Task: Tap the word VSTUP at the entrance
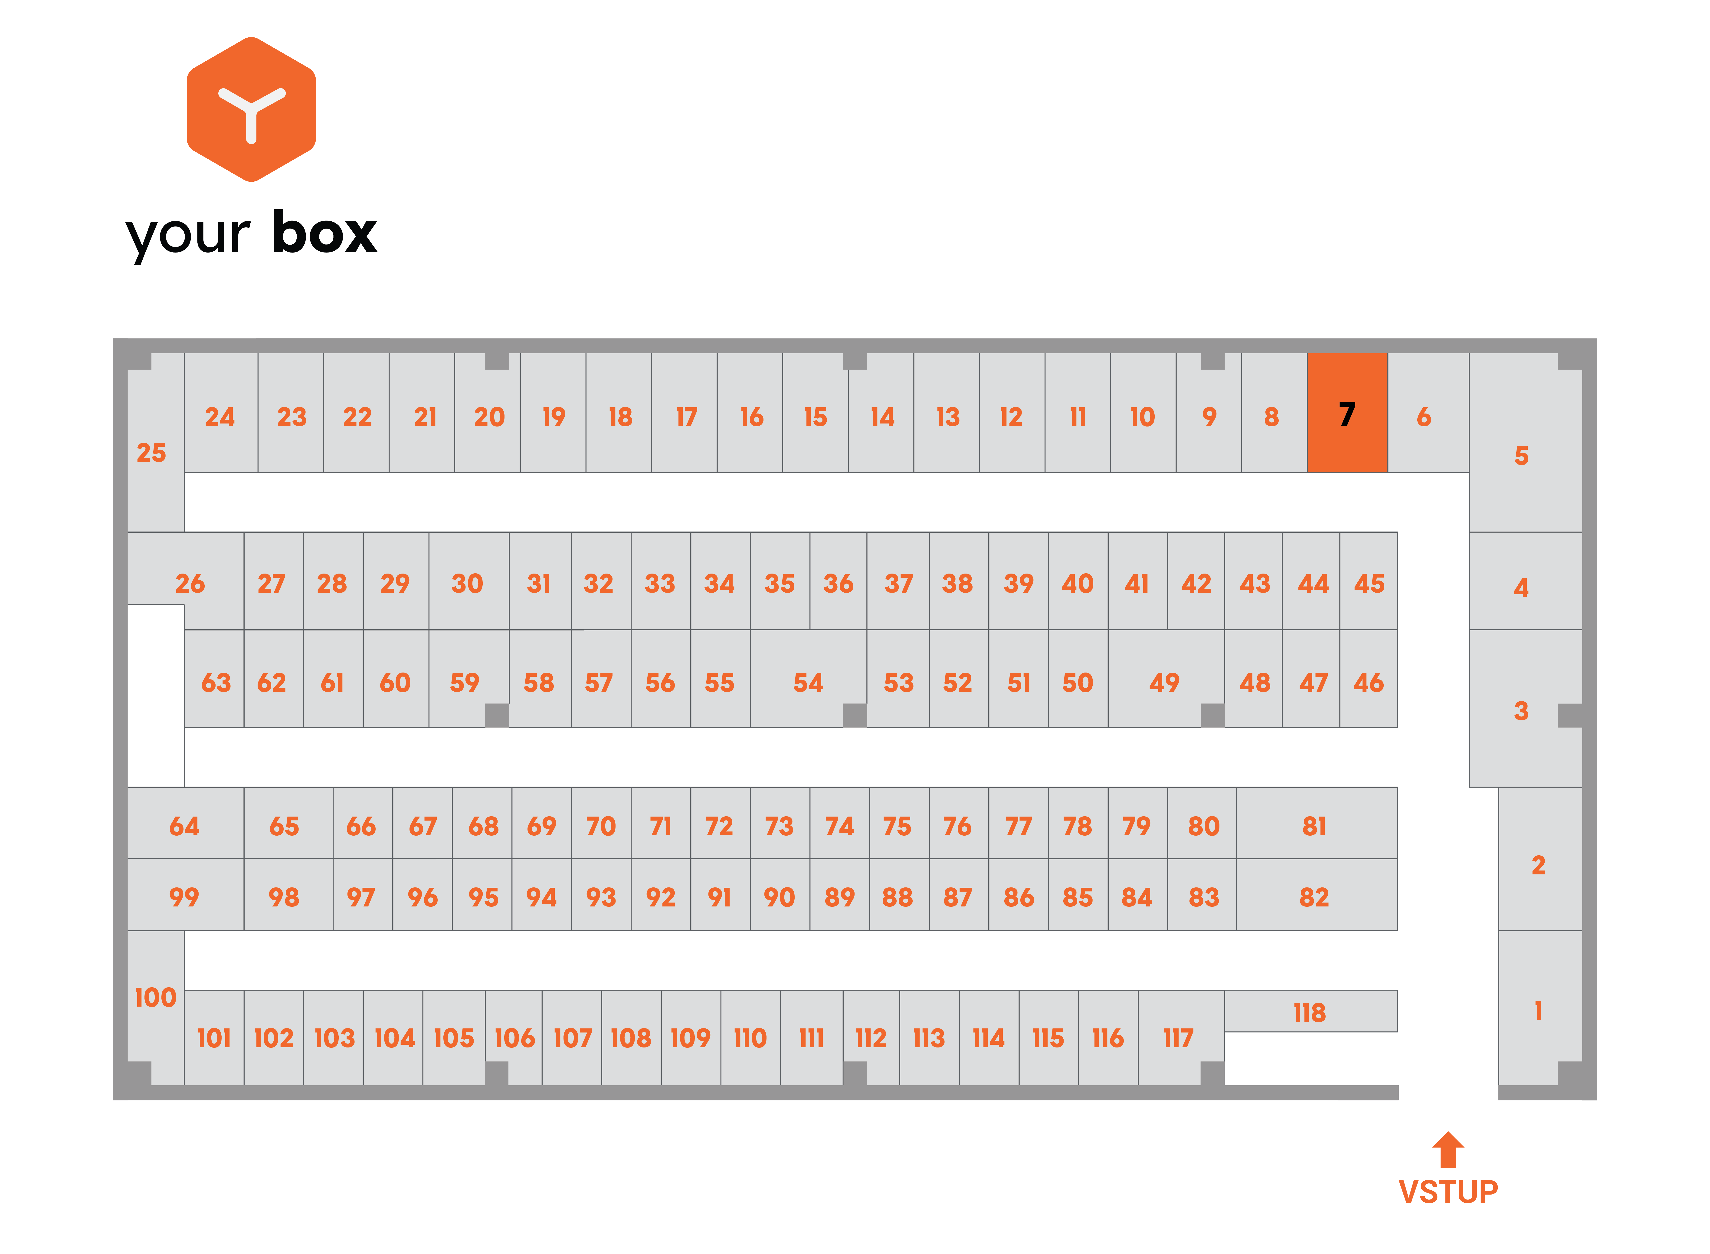coord(1448,1192)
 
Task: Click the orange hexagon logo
coord(251,109)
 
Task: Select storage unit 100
coord(156,1007)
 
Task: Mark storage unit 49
coord(1166,678)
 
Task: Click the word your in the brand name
coord(188,235)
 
